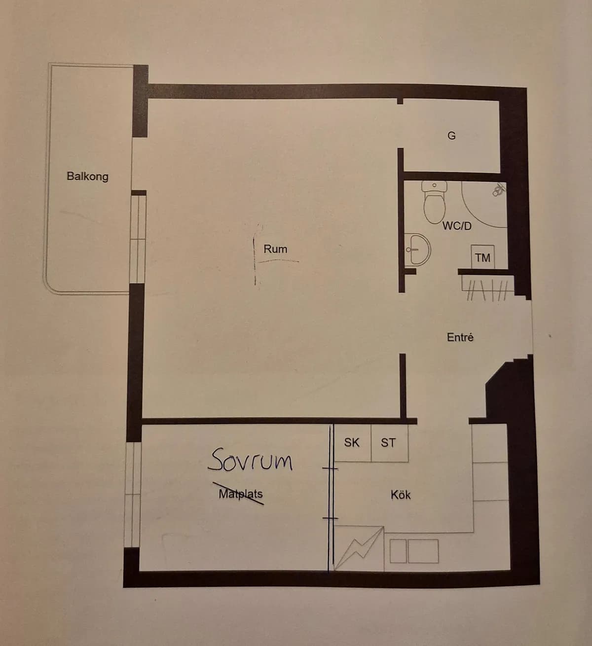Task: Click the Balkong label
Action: tap(87, 176)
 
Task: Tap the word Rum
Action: tap(275, 249)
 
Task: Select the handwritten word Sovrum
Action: tap(251, 460)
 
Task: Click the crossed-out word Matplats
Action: tap(241, 494)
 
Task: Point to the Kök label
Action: tap(400, 495)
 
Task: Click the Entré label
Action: tap(460, 337)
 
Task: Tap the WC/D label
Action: tap(456, 226)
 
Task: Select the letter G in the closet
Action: tap(451, 136)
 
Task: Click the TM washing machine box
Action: tap(482, 257)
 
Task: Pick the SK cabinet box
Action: tap(352, 443)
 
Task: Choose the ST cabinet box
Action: tap(388, 443)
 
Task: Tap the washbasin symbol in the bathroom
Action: tap(417, 250)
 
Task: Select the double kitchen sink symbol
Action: tap(414, 551)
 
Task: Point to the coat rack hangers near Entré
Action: tap(486, 286)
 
